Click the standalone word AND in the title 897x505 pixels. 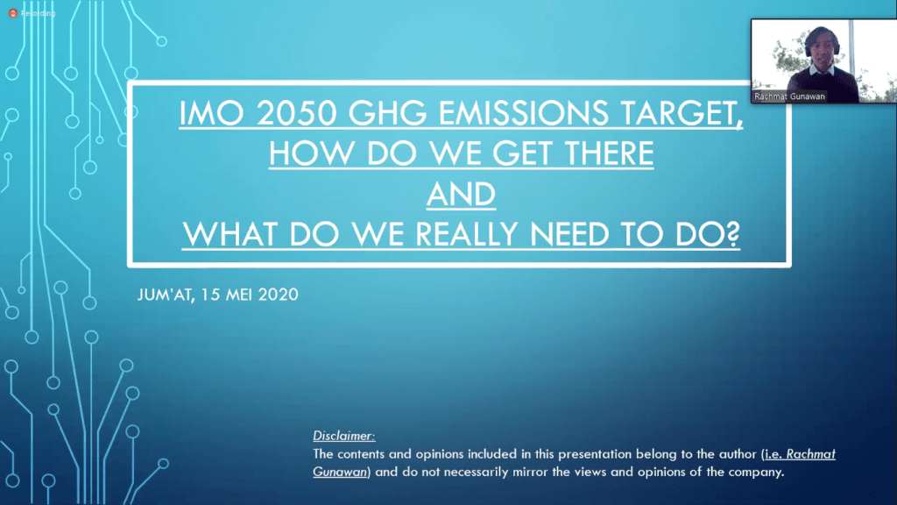461,195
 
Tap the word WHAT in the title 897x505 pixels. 228,235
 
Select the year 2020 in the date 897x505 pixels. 278,295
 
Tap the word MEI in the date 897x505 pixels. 236,295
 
